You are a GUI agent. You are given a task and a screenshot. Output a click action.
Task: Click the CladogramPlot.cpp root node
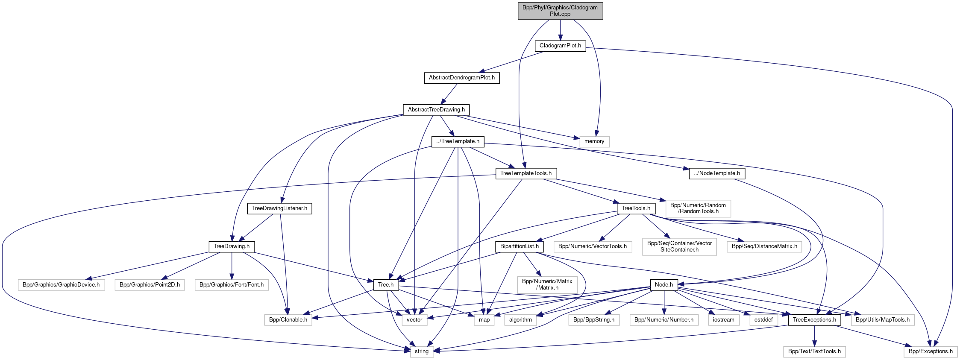[560, 11]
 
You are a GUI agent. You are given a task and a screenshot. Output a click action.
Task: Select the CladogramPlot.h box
[560, 46]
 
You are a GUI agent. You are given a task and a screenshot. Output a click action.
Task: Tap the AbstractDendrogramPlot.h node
[461, 78]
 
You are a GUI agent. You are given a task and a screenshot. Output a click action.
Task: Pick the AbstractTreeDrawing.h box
[436, 110]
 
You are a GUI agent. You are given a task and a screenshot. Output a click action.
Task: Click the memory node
[594, 141]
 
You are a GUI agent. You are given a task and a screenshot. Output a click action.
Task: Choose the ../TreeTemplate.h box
[458, 141]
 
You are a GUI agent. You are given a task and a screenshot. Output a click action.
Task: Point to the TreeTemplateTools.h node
[526, 173]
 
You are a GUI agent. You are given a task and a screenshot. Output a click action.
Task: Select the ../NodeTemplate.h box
[717, 173]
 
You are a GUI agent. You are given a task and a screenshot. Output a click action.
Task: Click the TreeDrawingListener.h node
[279, 208]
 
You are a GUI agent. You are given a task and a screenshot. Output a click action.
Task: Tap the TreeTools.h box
[636, 208]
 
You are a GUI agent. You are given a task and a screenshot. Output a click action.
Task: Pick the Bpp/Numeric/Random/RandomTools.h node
[698, 208]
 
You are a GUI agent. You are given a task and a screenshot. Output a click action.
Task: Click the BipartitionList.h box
[519, 246]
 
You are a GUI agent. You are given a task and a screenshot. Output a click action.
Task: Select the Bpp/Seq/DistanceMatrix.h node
[764, 246]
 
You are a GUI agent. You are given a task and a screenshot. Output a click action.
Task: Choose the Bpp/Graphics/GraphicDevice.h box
[61, 285]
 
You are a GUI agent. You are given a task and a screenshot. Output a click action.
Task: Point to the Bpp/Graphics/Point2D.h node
[150, 285]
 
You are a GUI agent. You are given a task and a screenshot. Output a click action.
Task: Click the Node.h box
[663, 285]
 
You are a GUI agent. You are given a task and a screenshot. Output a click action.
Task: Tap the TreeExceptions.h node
[814, 320]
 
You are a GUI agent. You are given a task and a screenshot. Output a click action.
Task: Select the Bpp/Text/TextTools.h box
[814, 351]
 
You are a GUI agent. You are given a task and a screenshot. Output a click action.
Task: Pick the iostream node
[724, 320]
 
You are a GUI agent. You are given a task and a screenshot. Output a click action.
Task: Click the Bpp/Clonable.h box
[288, 320]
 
